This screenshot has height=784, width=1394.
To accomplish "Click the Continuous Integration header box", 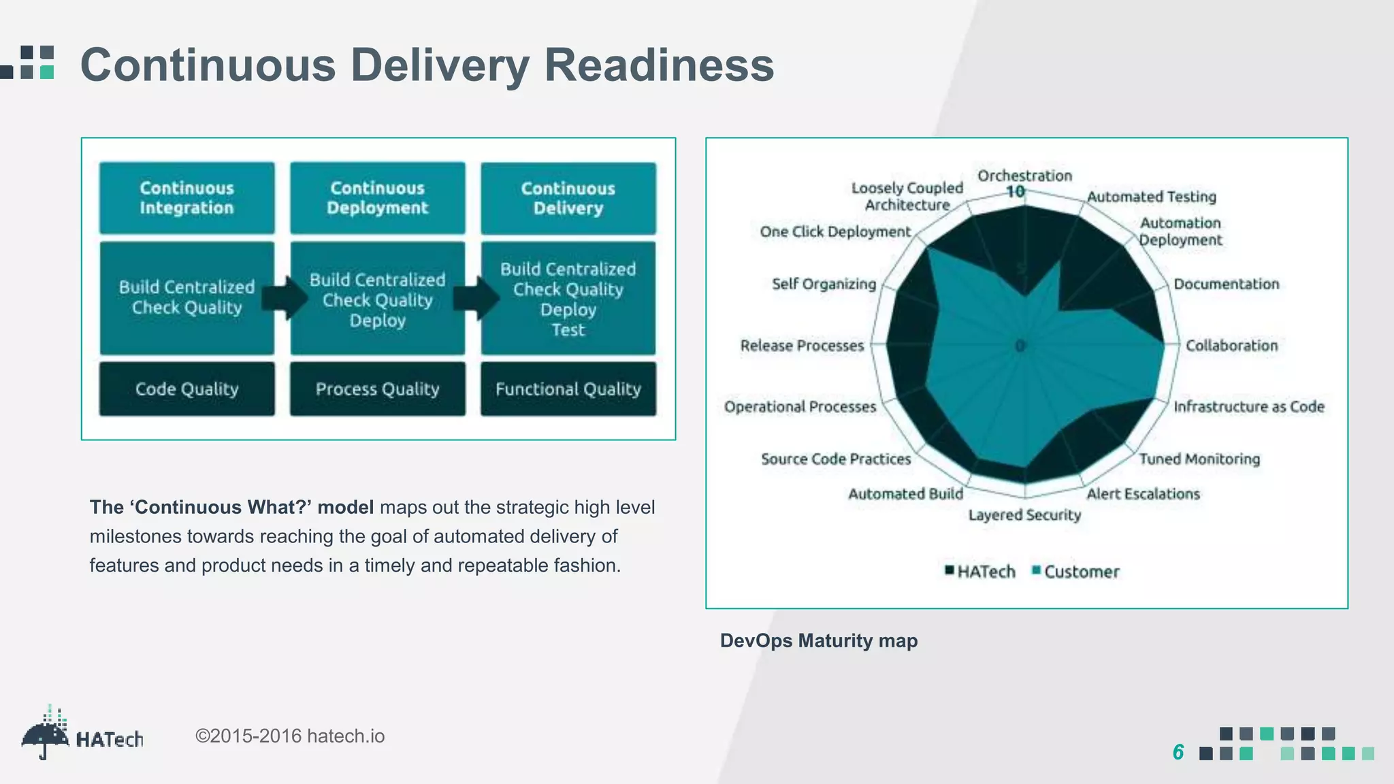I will (x=187, y=198).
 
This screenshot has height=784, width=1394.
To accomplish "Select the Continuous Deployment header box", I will (x=377, y=198).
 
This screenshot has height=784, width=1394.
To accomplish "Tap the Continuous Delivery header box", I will (x=568, y=198).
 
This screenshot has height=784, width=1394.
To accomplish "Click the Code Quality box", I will (x=187, y=389).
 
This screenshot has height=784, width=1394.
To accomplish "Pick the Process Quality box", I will (x=377, y=389).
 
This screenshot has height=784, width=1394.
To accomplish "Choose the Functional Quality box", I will (x=568, y=389).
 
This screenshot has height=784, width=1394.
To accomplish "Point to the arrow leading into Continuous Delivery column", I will (x=475, y=297).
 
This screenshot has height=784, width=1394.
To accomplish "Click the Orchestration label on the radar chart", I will (x=1024, y=176).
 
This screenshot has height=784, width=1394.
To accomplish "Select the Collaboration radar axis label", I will (x=1231, y=345).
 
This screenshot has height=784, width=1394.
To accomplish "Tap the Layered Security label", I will (x=1024, y=514).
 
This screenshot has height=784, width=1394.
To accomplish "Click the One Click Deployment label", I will (x=834, y=231).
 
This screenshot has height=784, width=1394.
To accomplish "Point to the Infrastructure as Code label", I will (x=1248, y=406).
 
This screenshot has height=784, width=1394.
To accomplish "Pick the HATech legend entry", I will (x=980, y=571).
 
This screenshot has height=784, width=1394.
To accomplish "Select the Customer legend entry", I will (x=1075, y=571).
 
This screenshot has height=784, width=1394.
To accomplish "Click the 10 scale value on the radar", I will (x=1015, y=192).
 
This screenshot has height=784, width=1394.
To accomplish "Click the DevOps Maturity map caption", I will (x=818, y=640).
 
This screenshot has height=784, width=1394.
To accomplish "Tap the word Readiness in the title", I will (x=658, y=65).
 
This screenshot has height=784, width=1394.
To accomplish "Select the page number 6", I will (x=1178, y=752).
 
